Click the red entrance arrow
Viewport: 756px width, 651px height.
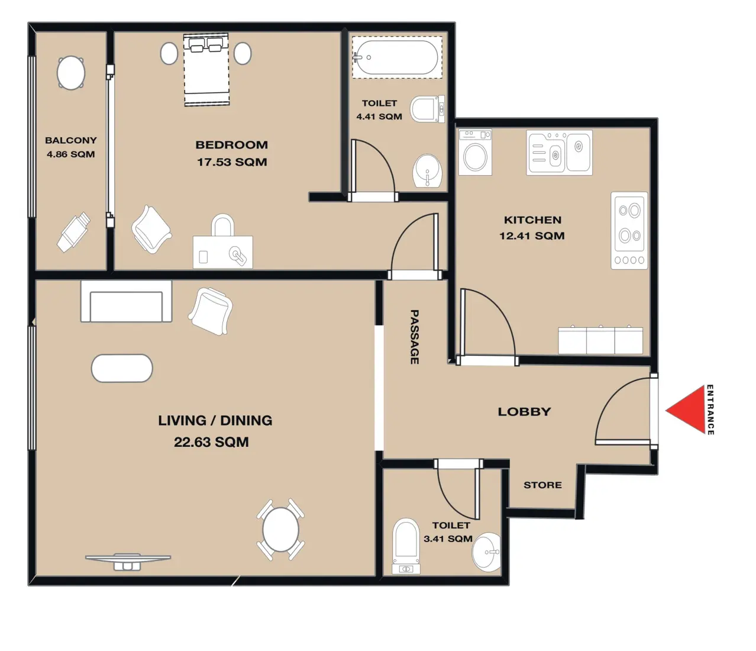coord(684,411)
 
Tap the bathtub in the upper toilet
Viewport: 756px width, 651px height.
coord(397,57)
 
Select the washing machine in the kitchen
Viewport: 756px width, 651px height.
coord(475,153)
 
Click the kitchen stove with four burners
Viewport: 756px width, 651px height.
coord(629,230)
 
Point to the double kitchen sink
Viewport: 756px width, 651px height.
coord(559,153)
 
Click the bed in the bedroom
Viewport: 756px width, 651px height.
coord(206,70)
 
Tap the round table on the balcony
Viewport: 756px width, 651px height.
coord(71,73)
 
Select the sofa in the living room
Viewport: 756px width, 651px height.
coord(126,302)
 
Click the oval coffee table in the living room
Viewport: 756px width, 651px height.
coord(122,368)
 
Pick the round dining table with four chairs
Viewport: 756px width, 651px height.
coord(280,530)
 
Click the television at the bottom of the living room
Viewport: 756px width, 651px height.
coord(128,560)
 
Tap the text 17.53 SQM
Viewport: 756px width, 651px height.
coord(232,162)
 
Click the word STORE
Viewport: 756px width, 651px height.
coord(542,485)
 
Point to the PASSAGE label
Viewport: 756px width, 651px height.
coord(415,337)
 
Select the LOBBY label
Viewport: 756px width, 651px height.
coord(524,412)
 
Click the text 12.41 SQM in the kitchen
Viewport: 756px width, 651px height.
coord(532,236)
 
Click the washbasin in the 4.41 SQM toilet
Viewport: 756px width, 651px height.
coord(427,171)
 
